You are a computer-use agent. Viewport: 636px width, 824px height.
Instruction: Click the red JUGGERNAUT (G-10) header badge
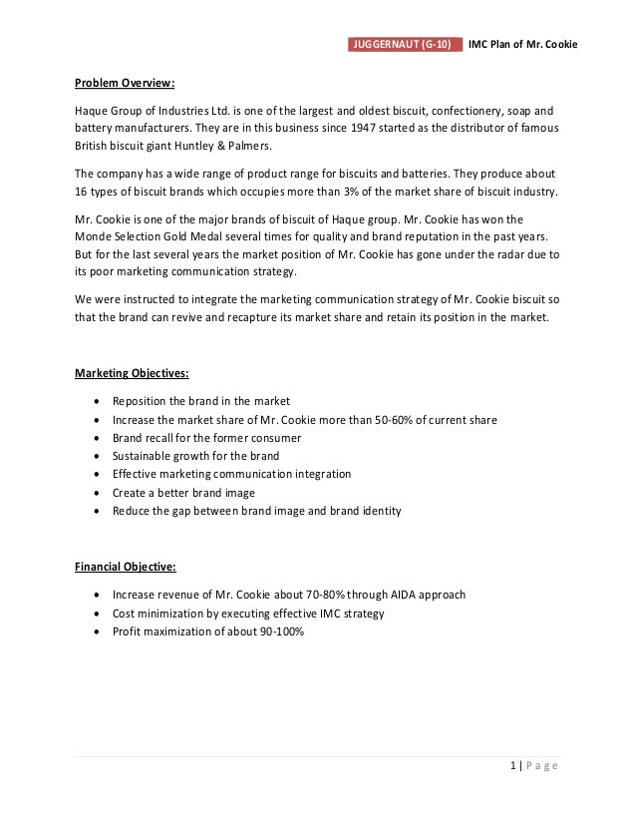tap(407, 45)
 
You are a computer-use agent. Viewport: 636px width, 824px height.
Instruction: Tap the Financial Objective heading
tap(126, 567)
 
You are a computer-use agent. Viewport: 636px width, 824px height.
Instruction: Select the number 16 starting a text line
tap(83, 192)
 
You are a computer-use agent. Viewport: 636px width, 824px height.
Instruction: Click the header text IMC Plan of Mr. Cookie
tap(523, 45)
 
